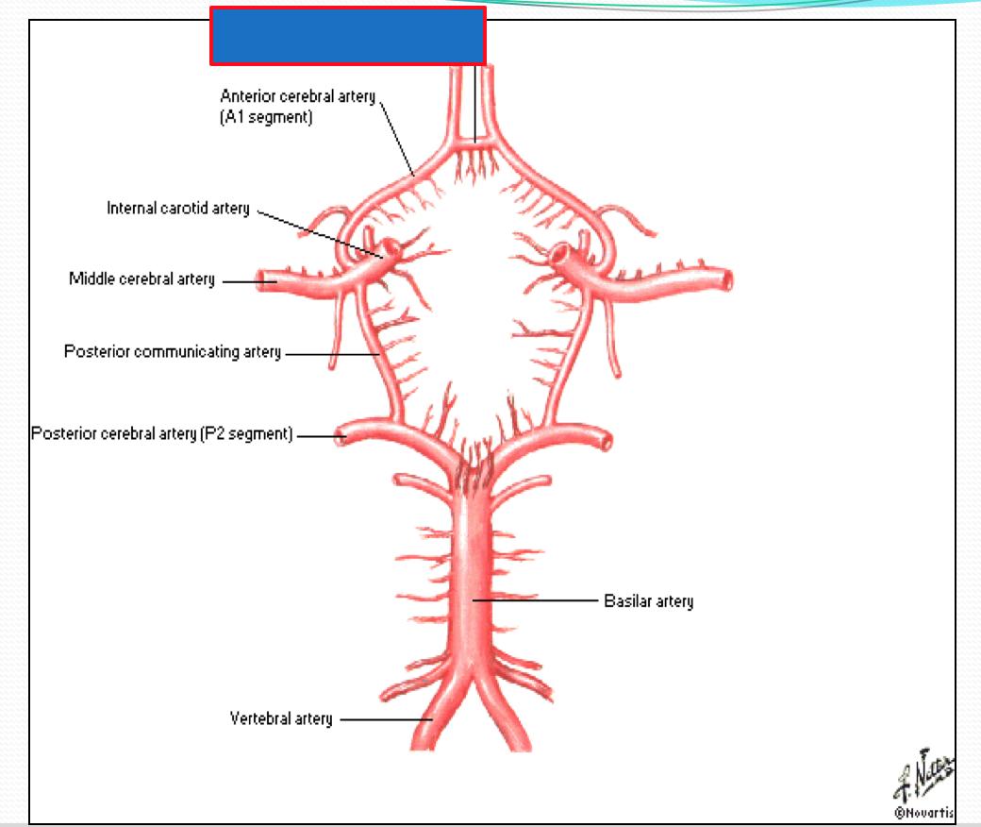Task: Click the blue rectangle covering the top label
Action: click(347, 36)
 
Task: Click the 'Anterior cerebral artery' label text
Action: click(297, 96)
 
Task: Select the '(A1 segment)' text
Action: click(266, 118)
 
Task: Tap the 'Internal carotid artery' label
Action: click(178, 209)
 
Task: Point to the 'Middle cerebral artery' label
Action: click(141, 279)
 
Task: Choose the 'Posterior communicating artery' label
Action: click(173, 352)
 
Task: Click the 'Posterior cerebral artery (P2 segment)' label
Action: click(162, 434)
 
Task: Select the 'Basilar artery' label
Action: click(648, 601)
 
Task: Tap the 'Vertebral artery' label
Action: click(281, 719)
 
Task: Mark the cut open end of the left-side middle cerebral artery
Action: click(266, 280)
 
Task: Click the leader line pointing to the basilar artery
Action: click(538, 600)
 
